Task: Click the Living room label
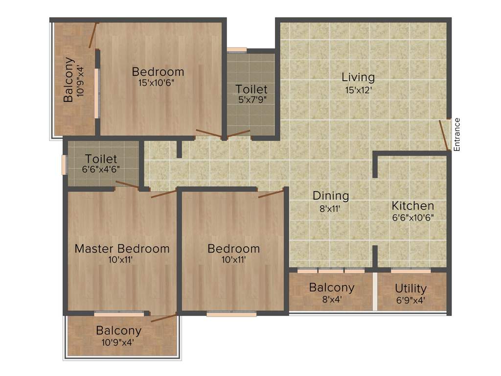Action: pyautogui.click(x=358, y=77)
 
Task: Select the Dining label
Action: pyautogui.click(x=331, y=196)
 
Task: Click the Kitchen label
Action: pyautogui.click(x=412, y=206)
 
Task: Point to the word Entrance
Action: pyautogui.click(x=457, y=134)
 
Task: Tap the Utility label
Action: pyautogui.click(x=410, y=288)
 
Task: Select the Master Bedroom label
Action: pyautogui.click(x=122, y=248)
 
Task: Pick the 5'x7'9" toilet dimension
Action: pyautogui.click(x=251, y=101)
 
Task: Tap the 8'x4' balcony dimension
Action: pyautogui.click(x=331, y=299)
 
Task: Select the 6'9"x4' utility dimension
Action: pyautogui.click(x=410, y=300)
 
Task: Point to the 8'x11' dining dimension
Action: pyautogui.click(x=331, y=208)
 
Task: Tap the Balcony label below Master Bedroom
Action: pyautogui.click(x=118, y=330)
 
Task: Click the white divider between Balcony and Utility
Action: pyautogui.click(x=375, y=291)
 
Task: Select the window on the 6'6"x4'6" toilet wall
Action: pyautogui.click(x=64, y=164)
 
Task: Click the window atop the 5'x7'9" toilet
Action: pyautogui.click(x=237, y=49)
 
